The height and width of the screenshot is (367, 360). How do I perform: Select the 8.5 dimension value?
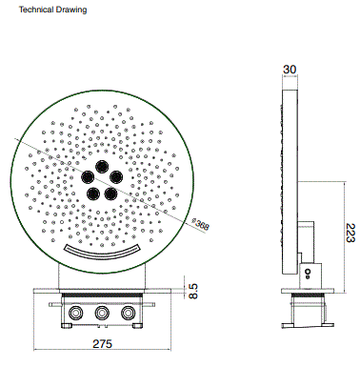click(193, 289)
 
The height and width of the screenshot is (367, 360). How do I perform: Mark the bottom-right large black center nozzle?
click(111, 194)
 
